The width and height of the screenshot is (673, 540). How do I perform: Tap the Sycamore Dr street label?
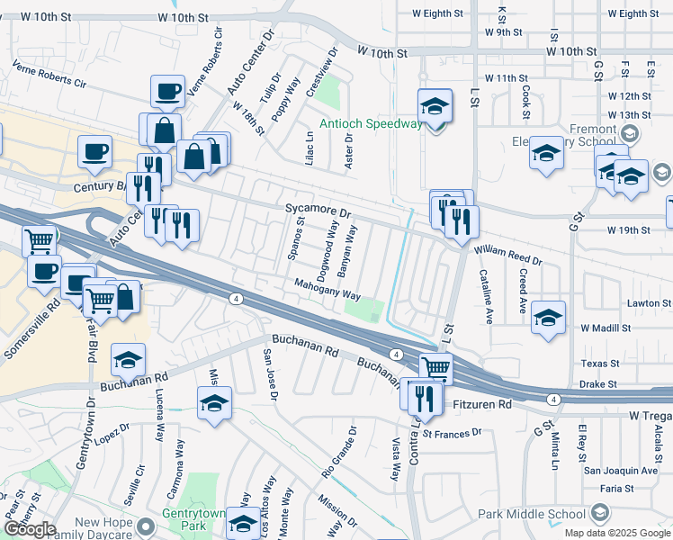[x=318, y=210]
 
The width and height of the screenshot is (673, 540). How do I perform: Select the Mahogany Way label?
[x=328, y=289]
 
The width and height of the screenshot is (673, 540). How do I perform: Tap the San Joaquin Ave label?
[x=621, y=470]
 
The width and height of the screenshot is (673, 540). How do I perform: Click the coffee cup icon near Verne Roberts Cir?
[x=167, y=90]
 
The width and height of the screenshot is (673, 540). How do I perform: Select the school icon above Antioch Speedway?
[x=435, y=105]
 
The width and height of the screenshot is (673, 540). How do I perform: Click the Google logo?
[x=29, y=529]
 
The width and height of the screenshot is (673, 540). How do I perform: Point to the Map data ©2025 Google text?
[x=616, y=533]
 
